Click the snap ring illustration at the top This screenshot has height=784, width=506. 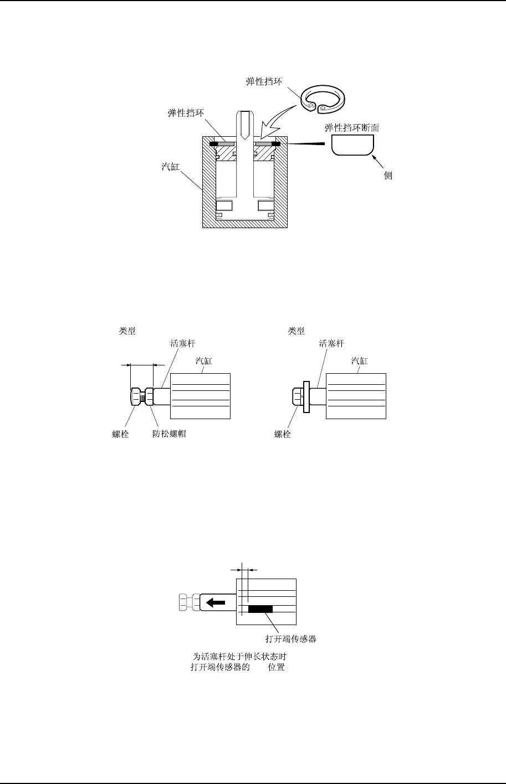(323, 100)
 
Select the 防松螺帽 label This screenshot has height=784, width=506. (169, 434)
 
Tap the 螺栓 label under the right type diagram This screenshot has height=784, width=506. (283, 434)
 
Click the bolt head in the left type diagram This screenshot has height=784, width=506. (136, 396)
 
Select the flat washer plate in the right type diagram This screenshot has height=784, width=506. (305, 396)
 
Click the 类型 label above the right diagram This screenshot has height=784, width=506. (297, 331)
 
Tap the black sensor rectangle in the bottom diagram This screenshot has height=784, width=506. (260, 609)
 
